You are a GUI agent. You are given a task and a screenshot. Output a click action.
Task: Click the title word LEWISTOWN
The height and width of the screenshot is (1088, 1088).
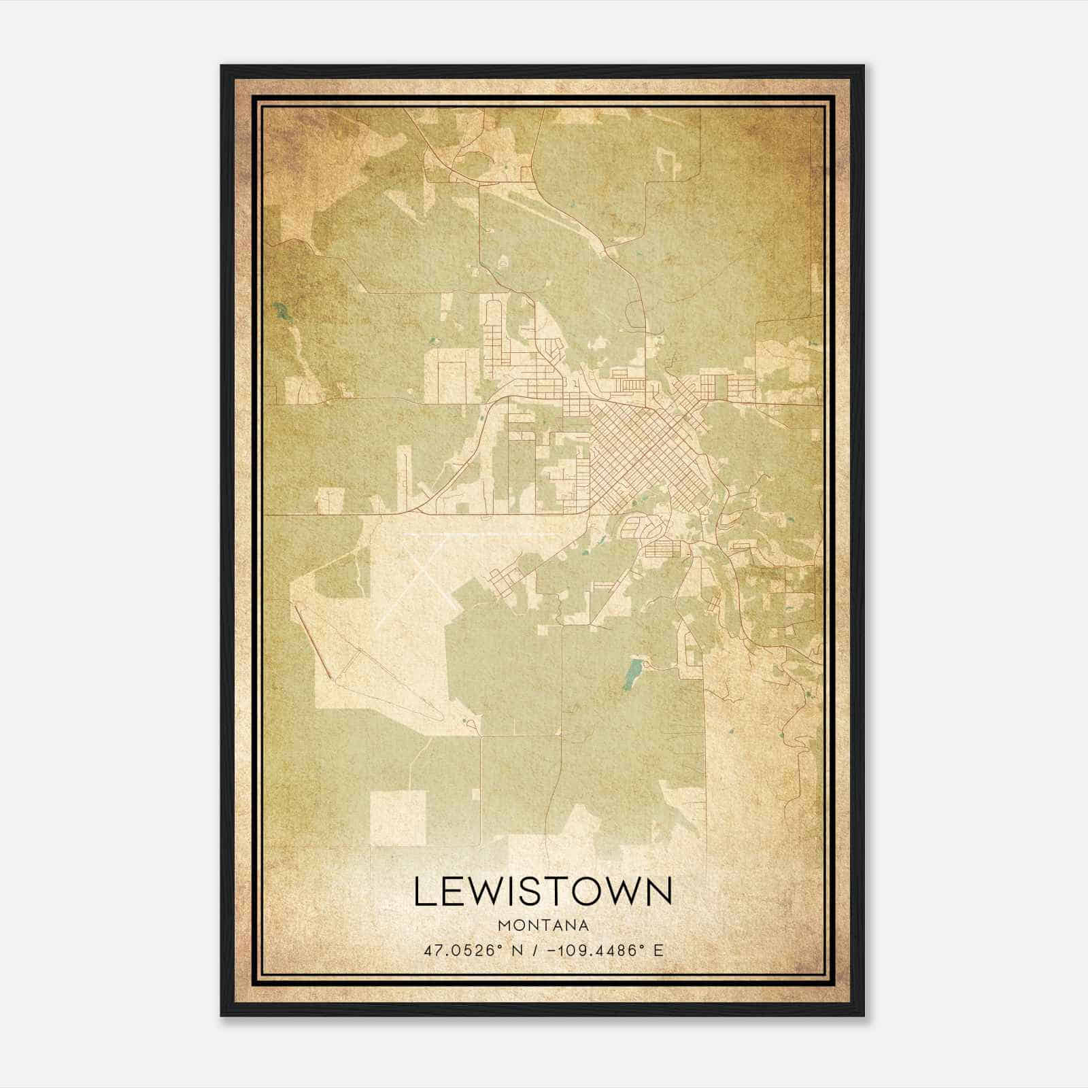(x=543, y=891)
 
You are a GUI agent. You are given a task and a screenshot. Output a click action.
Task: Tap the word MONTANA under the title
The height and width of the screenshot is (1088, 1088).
(x=543, y=925)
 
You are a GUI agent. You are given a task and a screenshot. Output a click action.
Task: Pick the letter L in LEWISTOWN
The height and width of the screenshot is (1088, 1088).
(x=423, y=891)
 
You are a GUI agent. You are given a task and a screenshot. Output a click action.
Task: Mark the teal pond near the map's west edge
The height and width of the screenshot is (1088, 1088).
(x=280, y=313)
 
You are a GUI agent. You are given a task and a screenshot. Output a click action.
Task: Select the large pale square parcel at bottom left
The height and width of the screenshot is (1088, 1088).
(x=398, y=817)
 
